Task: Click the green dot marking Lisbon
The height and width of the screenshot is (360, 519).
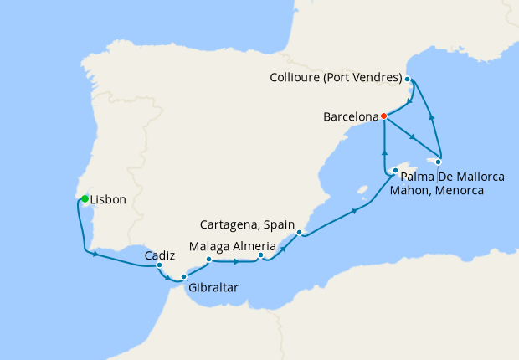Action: [85, 198]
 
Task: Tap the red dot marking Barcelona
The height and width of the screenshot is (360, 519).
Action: [383, 116]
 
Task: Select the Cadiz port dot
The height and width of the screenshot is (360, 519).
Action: [159, 265]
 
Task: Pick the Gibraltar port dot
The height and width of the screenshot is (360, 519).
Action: [184, 276]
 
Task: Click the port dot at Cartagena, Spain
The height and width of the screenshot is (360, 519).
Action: [299, 233]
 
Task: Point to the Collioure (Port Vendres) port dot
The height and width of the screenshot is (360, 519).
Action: [408, 79]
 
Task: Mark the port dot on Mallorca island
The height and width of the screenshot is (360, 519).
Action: [395, 171]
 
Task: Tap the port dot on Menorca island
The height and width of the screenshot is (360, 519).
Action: [438, 162]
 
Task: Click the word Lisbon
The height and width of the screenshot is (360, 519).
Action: [108, 200]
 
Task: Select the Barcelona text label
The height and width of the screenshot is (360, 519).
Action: [350, 118]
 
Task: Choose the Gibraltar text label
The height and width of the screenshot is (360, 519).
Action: [212, 288]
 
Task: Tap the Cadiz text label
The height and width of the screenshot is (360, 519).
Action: [159, 254]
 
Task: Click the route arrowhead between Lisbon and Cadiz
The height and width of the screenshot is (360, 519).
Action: [96, 254]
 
